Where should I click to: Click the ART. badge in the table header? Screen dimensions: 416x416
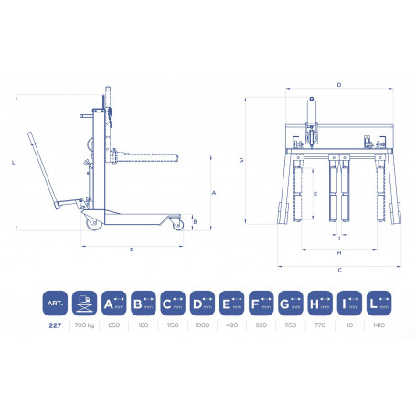tap(55, 302)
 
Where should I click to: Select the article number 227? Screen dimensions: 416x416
tap(55, 325)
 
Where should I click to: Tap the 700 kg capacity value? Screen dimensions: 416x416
tap(85, 325)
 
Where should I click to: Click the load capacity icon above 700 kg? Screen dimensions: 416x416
tap(85, 302)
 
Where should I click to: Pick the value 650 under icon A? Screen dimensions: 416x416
tap(113, 325)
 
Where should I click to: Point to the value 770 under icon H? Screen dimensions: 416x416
tap(320, 325)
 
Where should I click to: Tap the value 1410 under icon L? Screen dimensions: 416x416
tap(377, 325)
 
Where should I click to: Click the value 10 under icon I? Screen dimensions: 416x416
tap(348, 325)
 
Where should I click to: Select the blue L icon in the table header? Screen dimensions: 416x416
tap(377, 302)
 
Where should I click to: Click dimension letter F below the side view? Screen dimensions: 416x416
tap(132, 250)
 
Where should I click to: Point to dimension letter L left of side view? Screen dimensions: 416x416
tap(15, 162)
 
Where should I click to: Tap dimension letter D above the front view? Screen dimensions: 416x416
tap(339, 85)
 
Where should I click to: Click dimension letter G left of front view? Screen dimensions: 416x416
tap(240, 160)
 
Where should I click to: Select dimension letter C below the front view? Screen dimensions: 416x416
tap(339, 270)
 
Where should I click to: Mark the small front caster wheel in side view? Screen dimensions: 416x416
tap(171, 222)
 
